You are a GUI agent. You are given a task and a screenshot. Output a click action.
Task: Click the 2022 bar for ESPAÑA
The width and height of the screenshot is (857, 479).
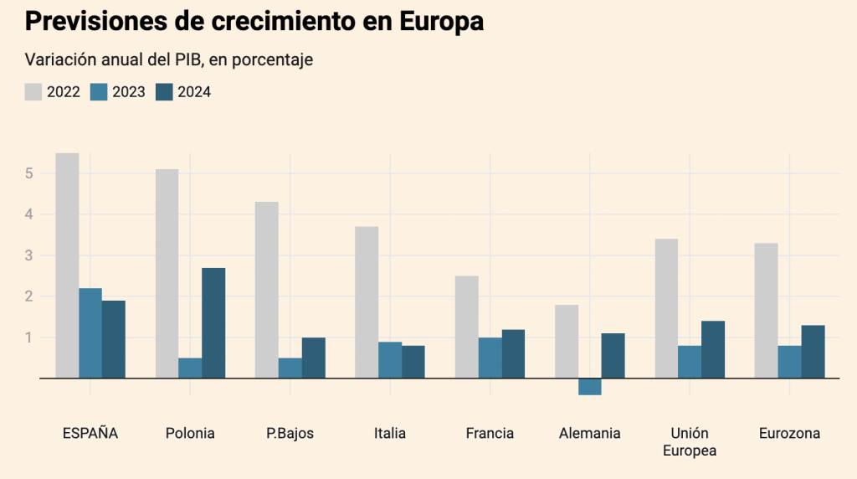click(x=67, y=265)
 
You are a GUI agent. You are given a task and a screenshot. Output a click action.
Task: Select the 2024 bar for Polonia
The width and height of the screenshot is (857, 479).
click(x=213, y=323)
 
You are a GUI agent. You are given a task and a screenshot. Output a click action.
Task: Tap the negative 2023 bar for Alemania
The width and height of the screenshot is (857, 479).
click(x=590, y=387)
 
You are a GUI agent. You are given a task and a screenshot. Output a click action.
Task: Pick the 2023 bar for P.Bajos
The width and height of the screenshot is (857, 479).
click(x=290, y=368)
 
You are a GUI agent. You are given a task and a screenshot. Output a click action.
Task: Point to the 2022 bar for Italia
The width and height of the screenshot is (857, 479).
click(x=367, y=302)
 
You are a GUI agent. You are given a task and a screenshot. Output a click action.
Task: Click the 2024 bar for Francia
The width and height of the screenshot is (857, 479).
click(x=513, y=354)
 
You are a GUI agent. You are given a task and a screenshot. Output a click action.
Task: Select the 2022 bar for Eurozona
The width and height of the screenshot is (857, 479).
click(x=766, y=311)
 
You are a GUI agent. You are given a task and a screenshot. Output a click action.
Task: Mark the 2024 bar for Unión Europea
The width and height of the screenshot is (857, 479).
click(x=713, y=350)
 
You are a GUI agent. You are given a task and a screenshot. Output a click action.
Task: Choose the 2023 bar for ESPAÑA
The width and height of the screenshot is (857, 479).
click(x=90, y=333)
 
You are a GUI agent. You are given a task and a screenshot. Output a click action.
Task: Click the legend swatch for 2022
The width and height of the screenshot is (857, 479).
click(x=33, y=92)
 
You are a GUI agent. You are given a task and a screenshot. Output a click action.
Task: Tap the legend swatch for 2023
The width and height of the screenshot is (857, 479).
click(x=99, y=92)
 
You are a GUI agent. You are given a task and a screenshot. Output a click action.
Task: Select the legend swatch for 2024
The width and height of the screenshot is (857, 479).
click(x=164, y=92)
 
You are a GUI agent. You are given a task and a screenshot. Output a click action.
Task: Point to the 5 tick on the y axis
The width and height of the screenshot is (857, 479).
click(x=28, y=173)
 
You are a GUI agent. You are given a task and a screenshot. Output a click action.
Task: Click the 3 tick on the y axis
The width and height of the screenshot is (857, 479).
click(x=28, y=255)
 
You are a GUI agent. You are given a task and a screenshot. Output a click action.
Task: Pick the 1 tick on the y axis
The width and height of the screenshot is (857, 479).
click(x=28, y=337)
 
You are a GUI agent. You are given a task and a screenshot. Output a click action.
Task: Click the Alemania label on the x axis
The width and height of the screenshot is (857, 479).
click(x=590, y=434)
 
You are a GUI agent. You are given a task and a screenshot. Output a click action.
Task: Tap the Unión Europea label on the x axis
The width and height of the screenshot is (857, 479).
click(x=690, y=442)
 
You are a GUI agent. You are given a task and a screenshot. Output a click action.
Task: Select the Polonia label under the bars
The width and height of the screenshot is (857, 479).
click(x=190, y=434)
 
